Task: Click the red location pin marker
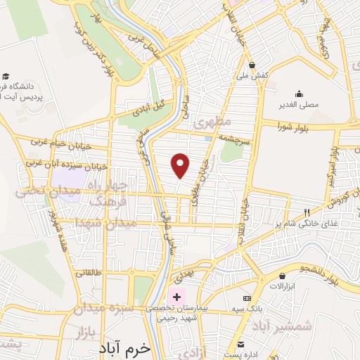coord(181,166)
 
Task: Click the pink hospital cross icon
coord(176,296)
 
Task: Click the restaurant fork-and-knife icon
coord(306,212)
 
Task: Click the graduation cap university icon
coord(6,75)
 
